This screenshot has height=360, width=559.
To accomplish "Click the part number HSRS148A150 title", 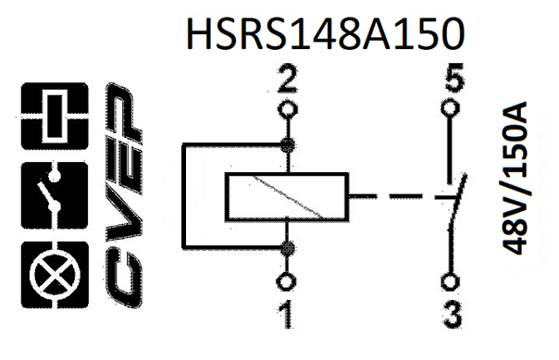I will tap(323, 34).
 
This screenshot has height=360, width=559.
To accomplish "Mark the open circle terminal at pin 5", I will tap(451, 109).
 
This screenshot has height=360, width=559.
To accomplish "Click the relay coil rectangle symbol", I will tap(287, 196).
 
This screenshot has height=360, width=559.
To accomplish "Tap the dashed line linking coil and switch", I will tap(389, 197).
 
